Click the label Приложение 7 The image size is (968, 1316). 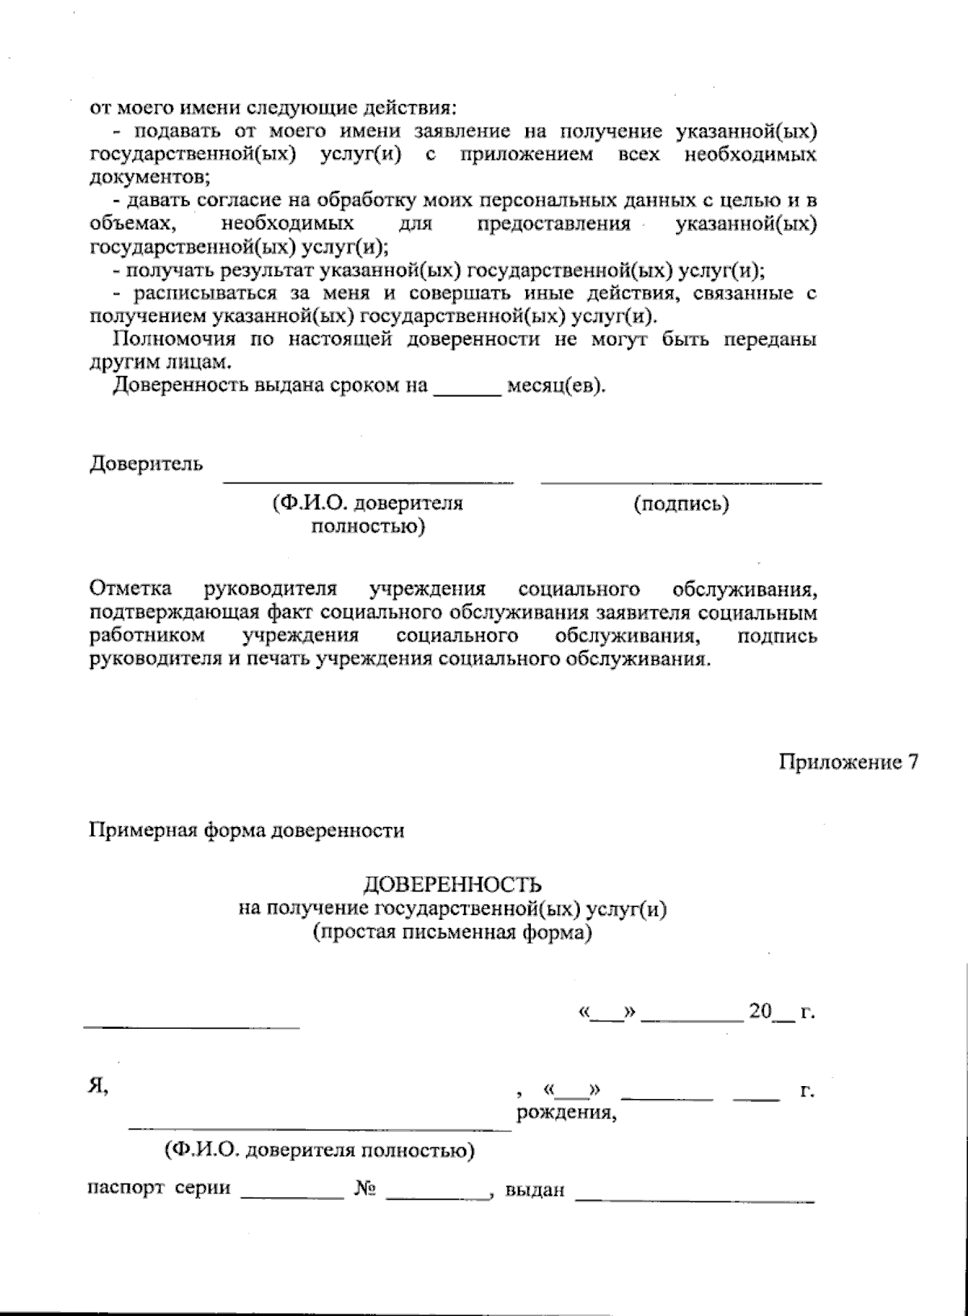pyautogui.click(x=848, y=762)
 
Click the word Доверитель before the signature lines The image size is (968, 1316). pyautogui.click(x=145, y=465)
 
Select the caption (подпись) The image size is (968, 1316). pyautogui.click(x=681, y=504)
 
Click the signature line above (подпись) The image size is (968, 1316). pyautogui.click(x=681, y=483)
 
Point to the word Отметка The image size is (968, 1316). pyautogui.click(x=136, y=589)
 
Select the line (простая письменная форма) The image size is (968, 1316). pyautogui.click(x=453, y=934)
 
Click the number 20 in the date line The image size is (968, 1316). pyautogui.click(x=760, y=1011)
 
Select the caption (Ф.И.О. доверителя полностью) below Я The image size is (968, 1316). pyautogui.click(x=319, y=1150)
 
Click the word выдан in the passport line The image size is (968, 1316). pyautogui.click(x=533, y=1190)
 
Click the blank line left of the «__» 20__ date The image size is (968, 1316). pyautogui.click(x=191, y=1026)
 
